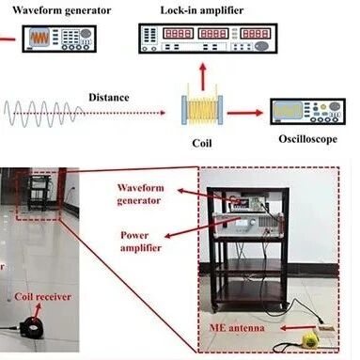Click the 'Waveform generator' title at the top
(61, 10)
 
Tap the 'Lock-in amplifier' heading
(202, 10)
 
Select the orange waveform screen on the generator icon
(39, 38)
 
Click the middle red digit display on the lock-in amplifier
(212, 34)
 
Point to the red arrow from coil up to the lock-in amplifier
(203, 77)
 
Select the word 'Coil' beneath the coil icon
(202, 143)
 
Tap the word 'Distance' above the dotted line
(109, 97)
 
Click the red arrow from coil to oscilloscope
(244, 113)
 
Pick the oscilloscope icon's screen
(288, 110)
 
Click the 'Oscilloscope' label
(308, 139)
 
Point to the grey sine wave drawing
(43, 113)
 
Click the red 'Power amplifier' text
(141, 242)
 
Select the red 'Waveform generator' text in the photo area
(140, 195)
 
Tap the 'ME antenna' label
(237, 328)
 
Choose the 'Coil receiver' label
(43, 296)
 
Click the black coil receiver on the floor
(31, 327)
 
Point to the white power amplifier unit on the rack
(247, 224)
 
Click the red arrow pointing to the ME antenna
(297, 328)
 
